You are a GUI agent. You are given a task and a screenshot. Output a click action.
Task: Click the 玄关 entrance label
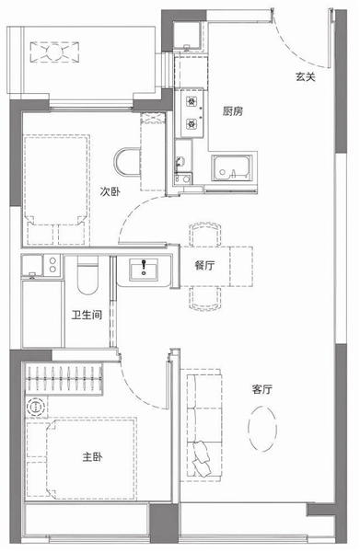pyautogui.click(x=306, y=76)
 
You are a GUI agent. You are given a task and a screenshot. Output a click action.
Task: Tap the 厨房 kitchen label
pyautogui.click(x=233, y=111)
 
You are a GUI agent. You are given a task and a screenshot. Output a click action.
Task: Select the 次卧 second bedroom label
pyautogui.click(x=110, y=191)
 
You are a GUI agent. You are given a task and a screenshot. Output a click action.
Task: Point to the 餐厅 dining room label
pyautogui.click(x=204, y=265)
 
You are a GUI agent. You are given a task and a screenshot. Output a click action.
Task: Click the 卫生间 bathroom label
pyautogui.click(x=87, y=315)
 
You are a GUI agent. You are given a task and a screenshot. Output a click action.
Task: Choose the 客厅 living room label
pyautogui.click(x=262, y=389)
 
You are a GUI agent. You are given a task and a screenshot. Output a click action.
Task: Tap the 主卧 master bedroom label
pyautogui.click(x=93, y=457)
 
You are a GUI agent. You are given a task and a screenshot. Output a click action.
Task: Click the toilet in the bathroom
pyautogui.click(x=87, y=276)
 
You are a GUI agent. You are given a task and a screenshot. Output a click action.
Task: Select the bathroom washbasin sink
pyautogui.click(x=144, y=270)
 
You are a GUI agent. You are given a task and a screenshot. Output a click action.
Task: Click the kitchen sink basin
pyautogui.click(x=232, y=168)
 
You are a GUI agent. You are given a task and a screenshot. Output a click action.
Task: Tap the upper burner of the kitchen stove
pyautogui.click(x=192, y=102)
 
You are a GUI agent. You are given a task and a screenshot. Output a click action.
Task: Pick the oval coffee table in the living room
pyautogui.click(x=262, y=429)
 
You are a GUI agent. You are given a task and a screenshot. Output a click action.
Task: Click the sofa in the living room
pyautogui.click(x=201, y=425)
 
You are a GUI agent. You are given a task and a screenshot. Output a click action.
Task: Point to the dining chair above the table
pyautogui.click(x=205, y=234)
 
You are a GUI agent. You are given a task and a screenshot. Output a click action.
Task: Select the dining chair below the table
pyautogui.click(x=205, y=298)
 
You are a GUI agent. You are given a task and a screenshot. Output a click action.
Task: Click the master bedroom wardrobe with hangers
pyautogui.click(x=64, y=379)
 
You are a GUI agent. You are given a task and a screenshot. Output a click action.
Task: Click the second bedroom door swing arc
pyautogui.click(x=138, y=215)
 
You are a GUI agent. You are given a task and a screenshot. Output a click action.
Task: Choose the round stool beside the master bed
pyautogui.click(x=36, y=407)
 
